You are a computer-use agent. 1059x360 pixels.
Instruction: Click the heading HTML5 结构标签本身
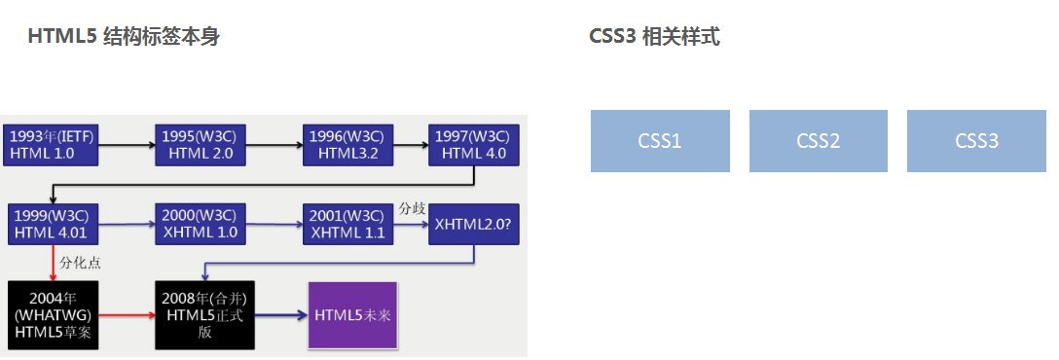click(x=124, y=37)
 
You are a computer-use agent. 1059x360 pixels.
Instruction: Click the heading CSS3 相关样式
click(x=654, y=37)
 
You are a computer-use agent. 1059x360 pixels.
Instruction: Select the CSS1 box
click(x=660, y=141)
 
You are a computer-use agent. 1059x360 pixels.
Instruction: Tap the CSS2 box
click(x=818, y=141)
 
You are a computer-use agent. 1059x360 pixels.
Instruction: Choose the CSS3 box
click(x=976, y=141)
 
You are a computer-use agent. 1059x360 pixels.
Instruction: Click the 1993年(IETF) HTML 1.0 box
click(x=50, y=145)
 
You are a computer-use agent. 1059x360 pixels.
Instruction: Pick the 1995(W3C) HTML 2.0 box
click(x=200, y=145)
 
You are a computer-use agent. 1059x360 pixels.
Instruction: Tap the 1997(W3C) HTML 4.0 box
click(x=474, y=145)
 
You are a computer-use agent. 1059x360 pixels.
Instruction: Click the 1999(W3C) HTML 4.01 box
click(x=50, y=224)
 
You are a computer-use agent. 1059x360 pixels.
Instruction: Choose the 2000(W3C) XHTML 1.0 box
click(x=200, y=224)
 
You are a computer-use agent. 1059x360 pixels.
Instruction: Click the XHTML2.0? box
click(x=474, y=224)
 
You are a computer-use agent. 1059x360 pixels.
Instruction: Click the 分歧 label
click(x=411, y=208)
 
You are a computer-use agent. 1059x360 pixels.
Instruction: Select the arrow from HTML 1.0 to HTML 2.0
click(x=124, y=145)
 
